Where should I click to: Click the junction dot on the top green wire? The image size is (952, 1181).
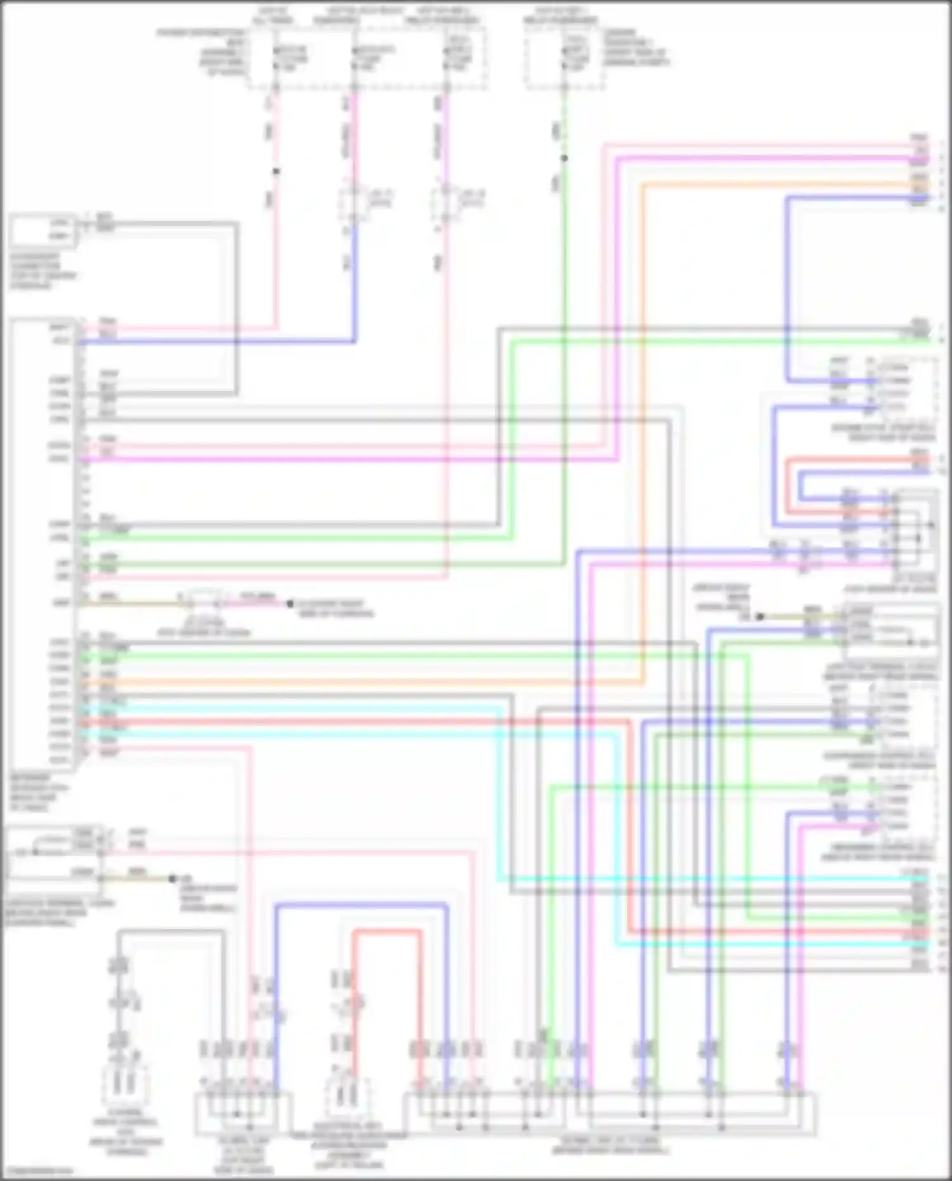click(564, 158)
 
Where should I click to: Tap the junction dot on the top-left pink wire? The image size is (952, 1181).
click(275, 171)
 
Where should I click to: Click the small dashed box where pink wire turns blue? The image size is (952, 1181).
click(353, 202)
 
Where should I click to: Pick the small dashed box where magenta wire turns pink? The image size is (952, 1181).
click(446, 202)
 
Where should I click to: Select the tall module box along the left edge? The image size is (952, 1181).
click(42, 546)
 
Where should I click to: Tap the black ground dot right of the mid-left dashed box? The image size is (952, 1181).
click(290, 604)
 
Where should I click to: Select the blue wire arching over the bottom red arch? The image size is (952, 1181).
click(362, 906)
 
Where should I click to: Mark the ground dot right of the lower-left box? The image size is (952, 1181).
click(172, 879)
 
